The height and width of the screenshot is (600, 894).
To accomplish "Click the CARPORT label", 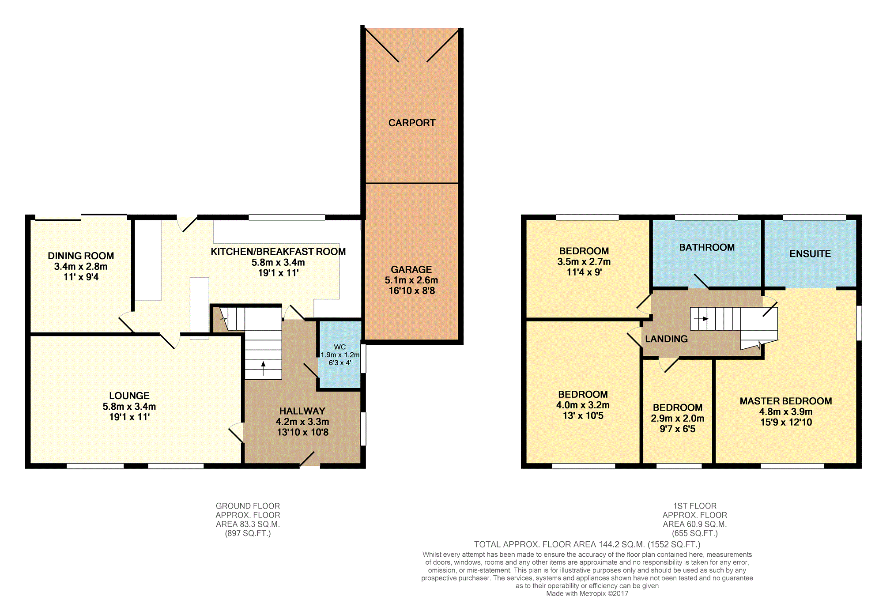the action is (412, 123).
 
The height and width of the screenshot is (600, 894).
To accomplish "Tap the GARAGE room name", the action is (411, 269).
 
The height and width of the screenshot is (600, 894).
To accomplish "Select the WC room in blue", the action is (339, 355).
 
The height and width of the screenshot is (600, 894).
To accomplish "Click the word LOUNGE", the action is (129, 396).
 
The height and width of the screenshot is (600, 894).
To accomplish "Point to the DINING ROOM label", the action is (81, 256).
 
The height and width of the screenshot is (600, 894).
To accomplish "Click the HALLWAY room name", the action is (302, 411).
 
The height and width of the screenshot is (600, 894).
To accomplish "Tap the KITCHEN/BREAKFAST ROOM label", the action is (278, 252).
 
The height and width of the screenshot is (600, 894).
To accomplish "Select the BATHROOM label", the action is (707, 247).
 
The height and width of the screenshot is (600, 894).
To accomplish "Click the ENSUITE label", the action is (810, 254).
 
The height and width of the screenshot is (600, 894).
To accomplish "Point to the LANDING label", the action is (666, 339).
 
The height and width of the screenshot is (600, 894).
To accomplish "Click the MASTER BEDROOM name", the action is (786, 401).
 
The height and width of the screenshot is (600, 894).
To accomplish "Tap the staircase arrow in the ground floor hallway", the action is (263, 368).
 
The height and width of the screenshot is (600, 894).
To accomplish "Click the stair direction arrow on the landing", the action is (701, 319).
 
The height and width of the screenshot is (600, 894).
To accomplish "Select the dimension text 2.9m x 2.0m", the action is (678, 418).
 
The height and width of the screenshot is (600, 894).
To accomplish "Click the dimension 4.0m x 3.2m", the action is (583, 405).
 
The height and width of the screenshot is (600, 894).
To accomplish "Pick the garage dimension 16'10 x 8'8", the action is (412, 291).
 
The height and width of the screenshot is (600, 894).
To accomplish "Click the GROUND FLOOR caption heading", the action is (248, 506).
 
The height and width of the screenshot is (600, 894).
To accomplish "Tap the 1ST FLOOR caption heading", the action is (694, 506).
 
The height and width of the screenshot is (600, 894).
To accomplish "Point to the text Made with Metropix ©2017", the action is (587, 593).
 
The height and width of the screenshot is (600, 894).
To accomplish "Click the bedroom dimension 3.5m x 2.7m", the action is (584, 261).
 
